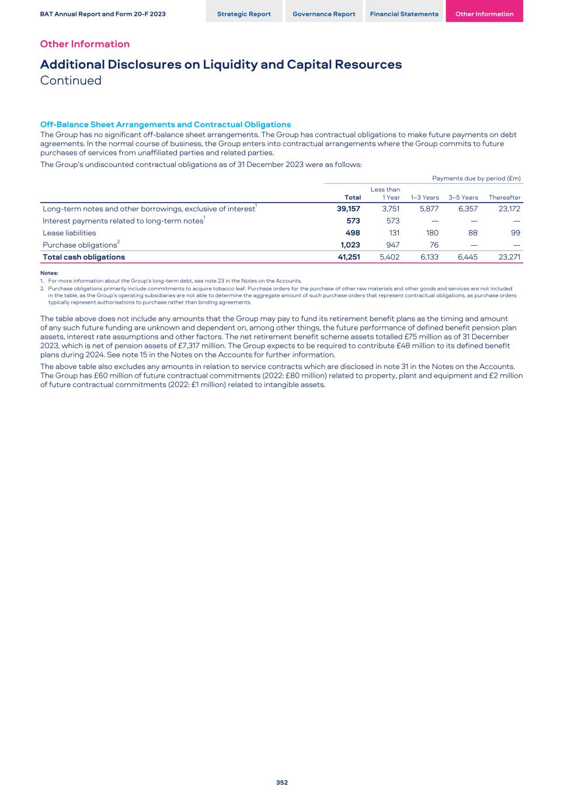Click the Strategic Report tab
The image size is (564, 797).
point(243,14)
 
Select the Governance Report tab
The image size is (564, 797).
point(323,14)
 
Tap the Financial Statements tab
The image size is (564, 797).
point(404,14)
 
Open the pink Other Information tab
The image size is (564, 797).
point(484,14)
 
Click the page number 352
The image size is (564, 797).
point(282,782)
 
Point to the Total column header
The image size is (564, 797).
point(353,197)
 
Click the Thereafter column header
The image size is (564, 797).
point(504,197)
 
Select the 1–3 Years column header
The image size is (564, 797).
point(424,197)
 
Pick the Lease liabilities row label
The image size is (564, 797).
point(69,233)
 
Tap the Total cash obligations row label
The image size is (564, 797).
point(83,257)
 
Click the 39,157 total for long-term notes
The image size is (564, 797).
point(349,208)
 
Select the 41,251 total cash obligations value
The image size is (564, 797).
point(349,257)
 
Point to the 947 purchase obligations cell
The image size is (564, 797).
point(393,245)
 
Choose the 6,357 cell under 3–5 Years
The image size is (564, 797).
point(468,208)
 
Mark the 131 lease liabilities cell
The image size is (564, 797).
point(394,233)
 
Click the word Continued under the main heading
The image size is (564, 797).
point(71,81)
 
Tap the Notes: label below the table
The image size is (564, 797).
point(49,273)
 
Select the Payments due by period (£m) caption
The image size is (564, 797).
point(476,178)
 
